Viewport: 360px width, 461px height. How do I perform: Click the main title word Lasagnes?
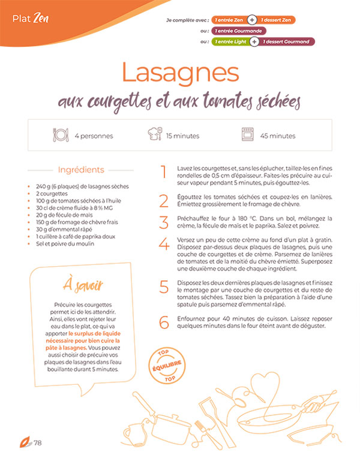coord(180,73)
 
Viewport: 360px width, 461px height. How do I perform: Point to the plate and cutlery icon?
coord(61,135)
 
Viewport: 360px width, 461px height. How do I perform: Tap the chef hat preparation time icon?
coord(154,135)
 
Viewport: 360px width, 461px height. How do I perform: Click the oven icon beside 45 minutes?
coord(248,135)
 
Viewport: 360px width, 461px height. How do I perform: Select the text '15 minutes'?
coord(182,136)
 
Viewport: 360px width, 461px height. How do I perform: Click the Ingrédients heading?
coord(81,170)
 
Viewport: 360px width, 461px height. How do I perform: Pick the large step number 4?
coord(164,245)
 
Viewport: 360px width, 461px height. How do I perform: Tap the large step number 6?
coord(164,323)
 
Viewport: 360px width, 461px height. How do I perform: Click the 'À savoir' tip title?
coord(83,284)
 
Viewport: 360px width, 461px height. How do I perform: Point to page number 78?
coord(37,443)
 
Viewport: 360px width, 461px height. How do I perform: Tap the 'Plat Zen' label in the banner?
coord(30,17)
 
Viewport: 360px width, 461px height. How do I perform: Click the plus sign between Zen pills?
coord(253,20)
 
